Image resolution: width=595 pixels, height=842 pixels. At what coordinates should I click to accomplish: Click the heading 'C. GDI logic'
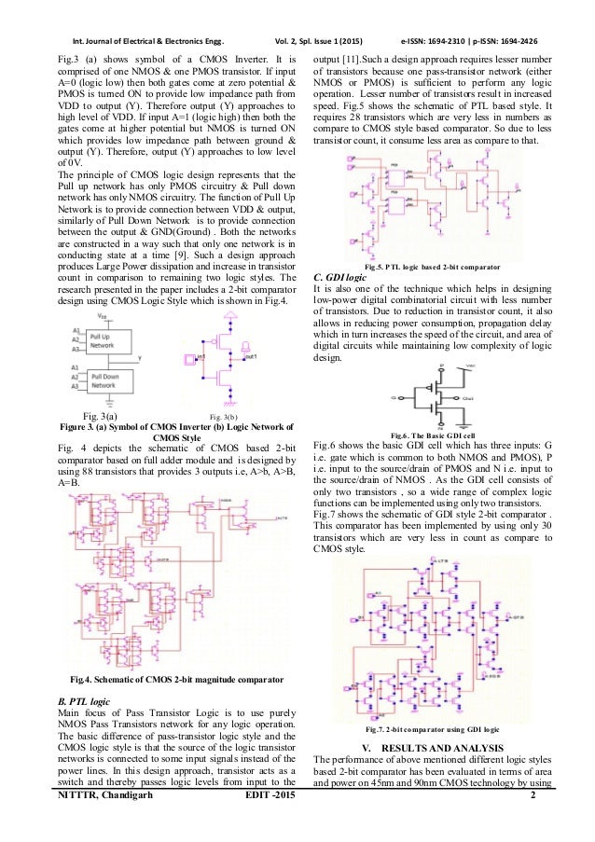(x=342, y=276)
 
